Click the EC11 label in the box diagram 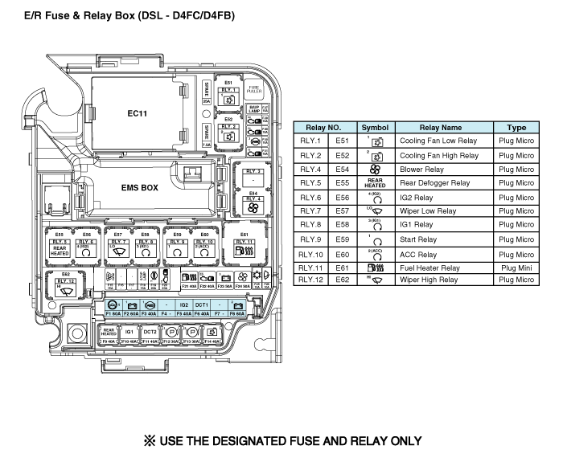(x=137, y=113)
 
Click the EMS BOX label (x=138, y=187)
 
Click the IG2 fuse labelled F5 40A (x=184, y=309)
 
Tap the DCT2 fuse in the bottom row (x=150, y=334)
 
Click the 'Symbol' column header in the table (x=375, y=128)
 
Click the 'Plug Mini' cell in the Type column (x=516, y=267)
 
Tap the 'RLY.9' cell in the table (x=310, y=239)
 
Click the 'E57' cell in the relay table (x=343, y=211)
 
